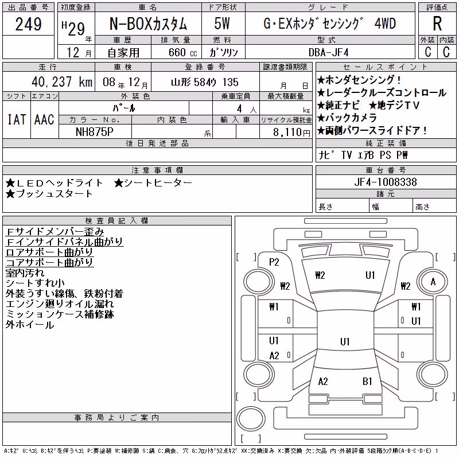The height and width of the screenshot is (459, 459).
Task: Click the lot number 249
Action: tap(28, 24)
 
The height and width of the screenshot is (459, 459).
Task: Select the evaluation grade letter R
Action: tap(437, 24)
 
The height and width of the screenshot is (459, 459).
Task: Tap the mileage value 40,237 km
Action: tap(62, 82)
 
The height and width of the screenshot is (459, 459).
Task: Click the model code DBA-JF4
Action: tap(329, 52)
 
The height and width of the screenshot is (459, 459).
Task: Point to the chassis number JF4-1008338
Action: tap(386, 182)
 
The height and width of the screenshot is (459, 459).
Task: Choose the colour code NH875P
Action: tap(95, 132)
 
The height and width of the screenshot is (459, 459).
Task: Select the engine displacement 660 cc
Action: tap(182, 52)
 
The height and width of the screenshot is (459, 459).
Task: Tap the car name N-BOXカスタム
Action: tap(148, 24)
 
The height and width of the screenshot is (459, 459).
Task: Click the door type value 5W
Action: tap(222, 24)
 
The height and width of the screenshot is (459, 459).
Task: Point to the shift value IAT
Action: tap(17, 119)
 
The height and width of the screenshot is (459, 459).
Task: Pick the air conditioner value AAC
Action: tap(44, 119)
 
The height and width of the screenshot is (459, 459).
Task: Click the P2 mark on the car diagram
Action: tap(274, 262)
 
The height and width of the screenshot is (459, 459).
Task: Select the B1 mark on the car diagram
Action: tap(367, 382)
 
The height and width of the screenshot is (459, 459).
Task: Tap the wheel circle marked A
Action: tap(433, 282)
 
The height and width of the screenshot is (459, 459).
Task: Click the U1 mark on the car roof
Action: tap(345, 341)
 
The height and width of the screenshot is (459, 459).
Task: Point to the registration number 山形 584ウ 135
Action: tap(205, 82)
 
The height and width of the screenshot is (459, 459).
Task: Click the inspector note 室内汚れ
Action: tap(25, 273)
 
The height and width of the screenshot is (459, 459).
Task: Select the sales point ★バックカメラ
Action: tap(347, 118)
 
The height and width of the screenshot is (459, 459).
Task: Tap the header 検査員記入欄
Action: tap(117, 221)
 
